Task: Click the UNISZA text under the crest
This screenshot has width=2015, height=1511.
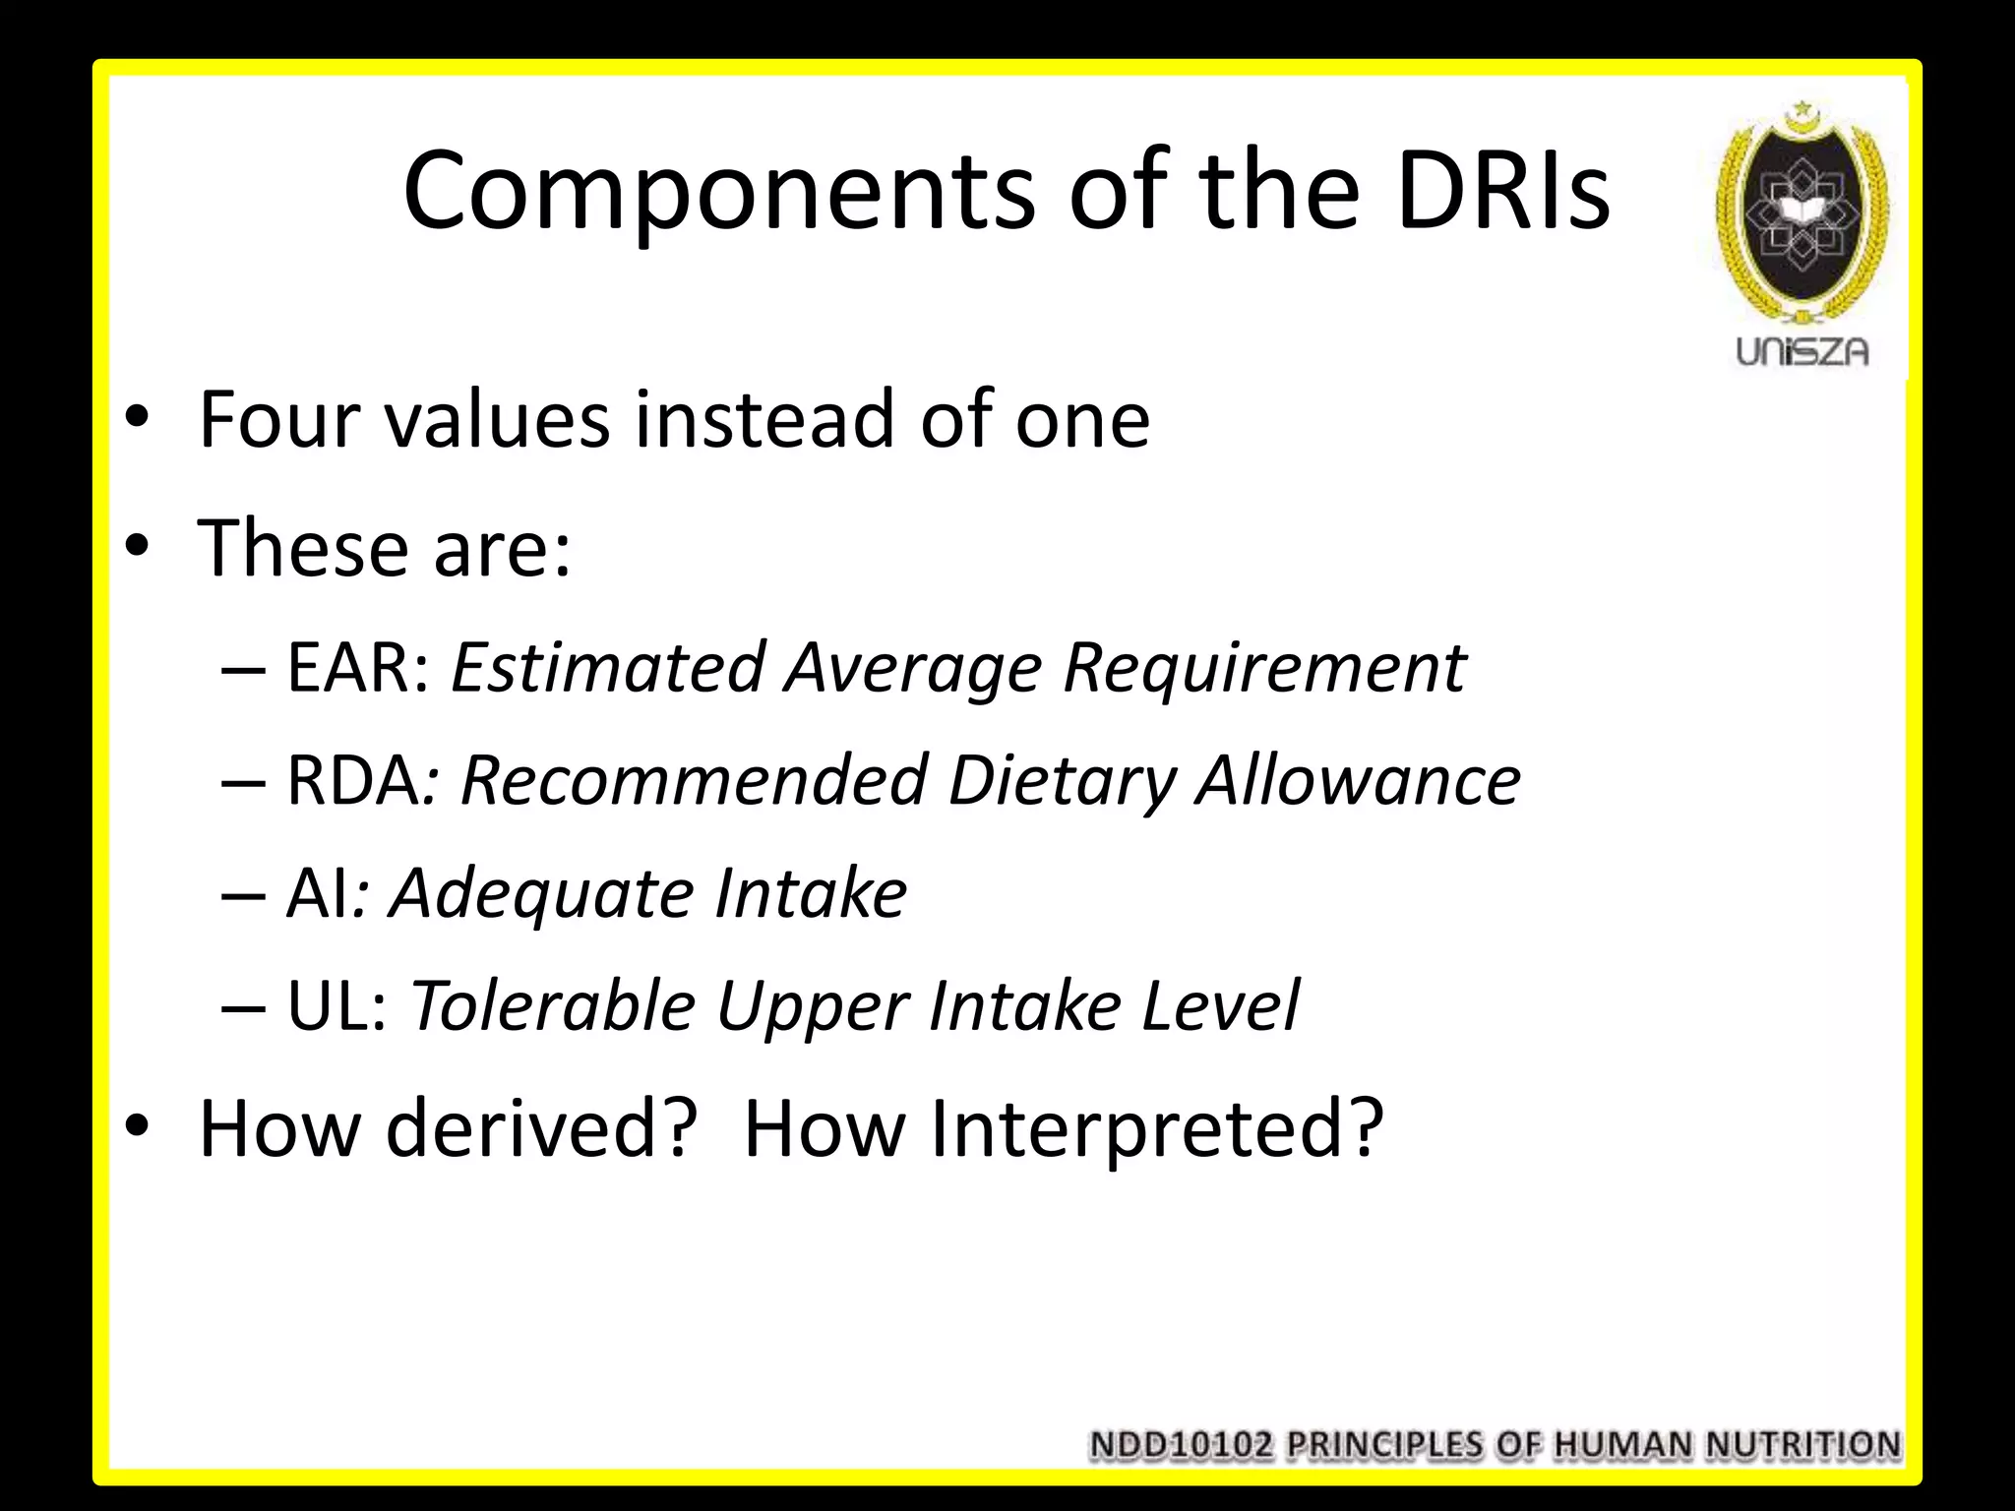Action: [1801, 351]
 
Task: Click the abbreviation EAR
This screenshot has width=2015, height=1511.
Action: [356, 668]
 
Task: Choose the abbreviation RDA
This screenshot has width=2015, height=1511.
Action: [352, 781]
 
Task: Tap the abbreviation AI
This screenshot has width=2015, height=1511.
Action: [317, 893]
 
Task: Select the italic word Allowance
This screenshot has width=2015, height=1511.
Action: [1358, 781]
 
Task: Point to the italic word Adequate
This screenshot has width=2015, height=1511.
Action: [539, 893]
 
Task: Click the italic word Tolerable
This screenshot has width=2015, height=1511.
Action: [552, 1006]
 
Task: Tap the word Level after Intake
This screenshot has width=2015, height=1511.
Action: [1220, 1006]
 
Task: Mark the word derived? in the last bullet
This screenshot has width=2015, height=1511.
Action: [541, 1128]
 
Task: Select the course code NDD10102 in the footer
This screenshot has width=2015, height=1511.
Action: [1181, 1445]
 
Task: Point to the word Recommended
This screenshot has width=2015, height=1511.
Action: [694, 781]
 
